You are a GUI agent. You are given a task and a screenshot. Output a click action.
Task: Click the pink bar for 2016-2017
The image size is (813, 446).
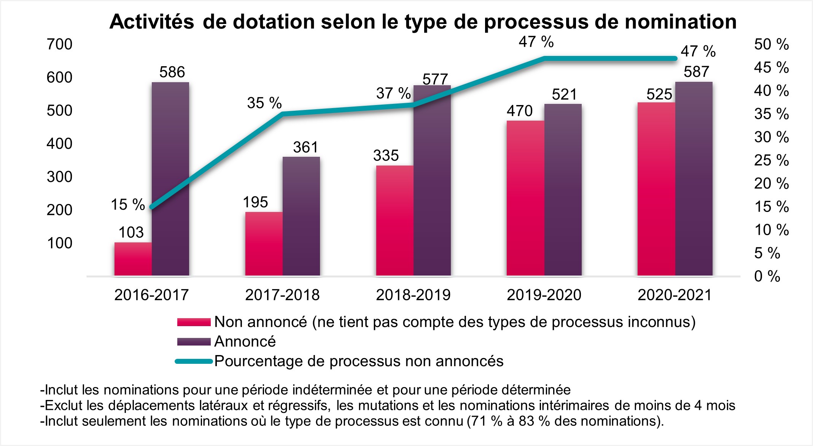[133, 259]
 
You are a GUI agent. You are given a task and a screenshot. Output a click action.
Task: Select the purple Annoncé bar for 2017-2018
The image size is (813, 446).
[301, 216]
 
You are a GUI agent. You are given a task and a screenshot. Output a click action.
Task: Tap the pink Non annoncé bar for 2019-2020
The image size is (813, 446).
[525, 198]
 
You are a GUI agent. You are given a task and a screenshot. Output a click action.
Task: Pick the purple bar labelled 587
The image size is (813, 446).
[694, 179]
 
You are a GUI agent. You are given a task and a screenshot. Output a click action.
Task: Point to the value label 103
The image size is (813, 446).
[131, 232]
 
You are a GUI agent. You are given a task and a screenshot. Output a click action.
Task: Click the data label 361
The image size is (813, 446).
[305, 147]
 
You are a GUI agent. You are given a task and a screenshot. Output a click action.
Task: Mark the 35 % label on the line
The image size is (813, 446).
[264, 103]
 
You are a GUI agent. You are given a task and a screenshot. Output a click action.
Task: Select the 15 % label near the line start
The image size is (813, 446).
[127, 204]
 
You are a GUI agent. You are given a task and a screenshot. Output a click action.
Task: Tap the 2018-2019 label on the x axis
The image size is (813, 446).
[413, 295]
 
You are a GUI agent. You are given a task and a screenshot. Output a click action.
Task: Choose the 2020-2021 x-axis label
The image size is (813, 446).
[675, 295]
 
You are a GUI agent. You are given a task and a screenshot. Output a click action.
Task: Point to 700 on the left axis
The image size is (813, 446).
[59, 45]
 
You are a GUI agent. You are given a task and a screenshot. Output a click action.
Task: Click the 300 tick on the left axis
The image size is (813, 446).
[59, 177]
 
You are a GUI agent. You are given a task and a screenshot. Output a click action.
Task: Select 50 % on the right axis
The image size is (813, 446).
[771, 45]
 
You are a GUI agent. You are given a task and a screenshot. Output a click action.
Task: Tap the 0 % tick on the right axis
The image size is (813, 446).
[767, 276]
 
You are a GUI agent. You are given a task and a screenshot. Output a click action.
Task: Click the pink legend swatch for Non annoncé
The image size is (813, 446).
[194, 322]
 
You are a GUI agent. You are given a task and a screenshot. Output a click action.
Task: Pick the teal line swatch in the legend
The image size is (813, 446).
[194, 361]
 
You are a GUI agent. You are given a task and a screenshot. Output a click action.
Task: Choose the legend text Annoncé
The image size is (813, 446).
[245, 341]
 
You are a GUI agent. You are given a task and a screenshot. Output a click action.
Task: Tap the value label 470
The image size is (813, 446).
[519, 111]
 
